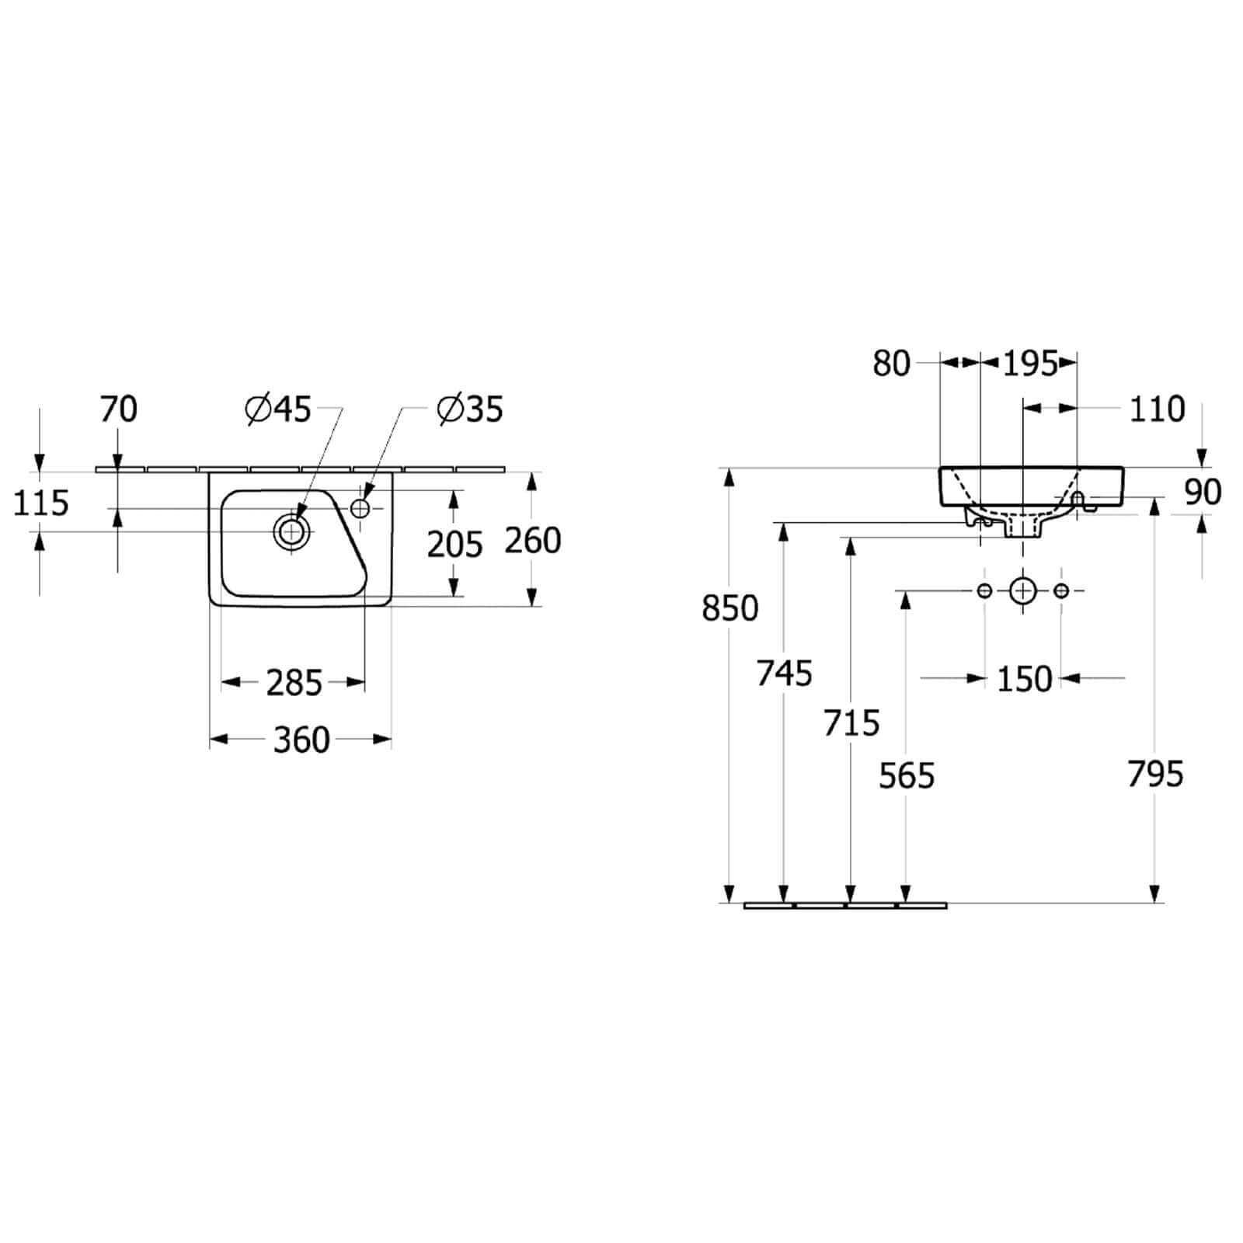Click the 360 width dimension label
click(x=301, y=740)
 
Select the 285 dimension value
click(x=294, y=684)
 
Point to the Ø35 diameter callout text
click(x=470, y=409)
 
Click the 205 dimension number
click(x=455, y=545)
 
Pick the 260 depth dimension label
click(x=533, y=541)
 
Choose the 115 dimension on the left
click(x=41, y=503)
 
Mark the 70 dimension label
click(x=119, y=409)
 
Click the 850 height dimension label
click(x=729, y=608)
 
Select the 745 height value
click(x=785, y=674)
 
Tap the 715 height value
click(x=851, y=723)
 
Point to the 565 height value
click(x=907, y=775)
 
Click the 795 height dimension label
click(x=1155, y=774)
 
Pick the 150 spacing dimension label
click(x=1024, y=679)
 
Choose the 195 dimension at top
click(x=1030, y=363)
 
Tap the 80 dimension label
click(x=891, y=364)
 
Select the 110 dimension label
click(x=1157, y=409)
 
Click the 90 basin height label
click(x=1203, y=493)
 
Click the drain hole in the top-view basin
click(x=291, y=531)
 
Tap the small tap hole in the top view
click(x=360, y=508)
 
